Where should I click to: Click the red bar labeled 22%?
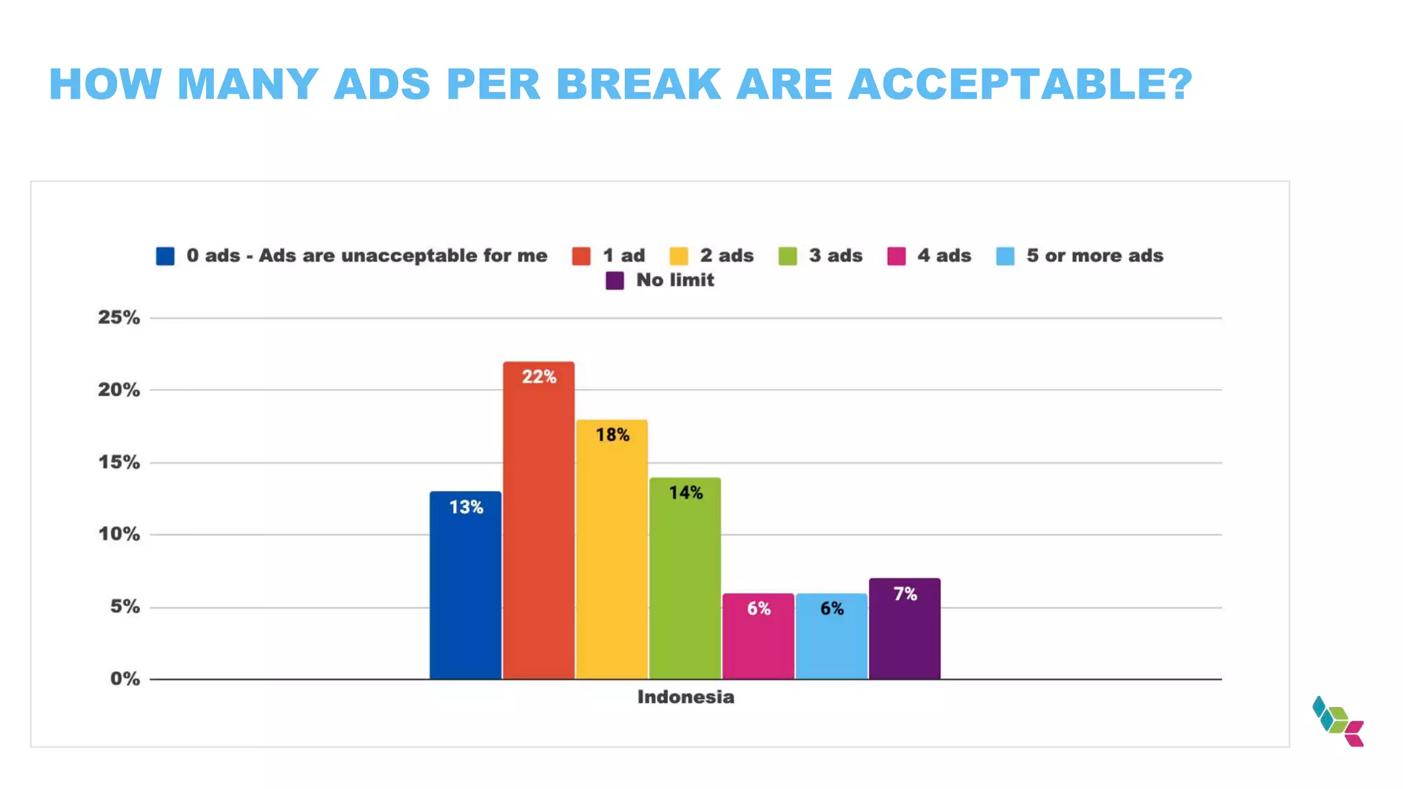point(538,521)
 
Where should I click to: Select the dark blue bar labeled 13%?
point(465,586)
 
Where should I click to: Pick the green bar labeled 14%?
point(685,579)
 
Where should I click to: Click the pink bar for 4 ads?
point(758,636)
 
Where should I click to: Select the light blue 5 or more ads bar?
point(832,636)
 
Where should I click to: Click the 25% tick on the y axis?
point(119,318)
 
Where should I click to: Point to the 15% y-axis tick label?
point(119,462)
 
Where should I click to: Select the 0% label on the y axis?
point(125,679)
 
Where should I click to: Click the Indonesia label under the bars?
point(685,697)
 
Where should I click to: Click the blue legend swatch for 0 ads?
point(165,256)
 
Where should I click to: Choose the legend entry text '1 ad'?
point(623,255)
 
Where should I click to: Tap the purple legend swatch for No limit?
point(614,281)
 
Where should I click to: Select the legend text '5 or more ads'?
point(1094,255)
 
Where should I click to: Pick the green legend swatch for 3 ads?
point(788,256)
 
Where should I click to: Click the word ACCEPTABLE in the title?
point(1019,85)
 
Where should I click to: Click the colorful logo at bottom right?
point(1338,721)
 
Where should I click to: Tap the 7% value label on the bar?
point(905,594)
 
